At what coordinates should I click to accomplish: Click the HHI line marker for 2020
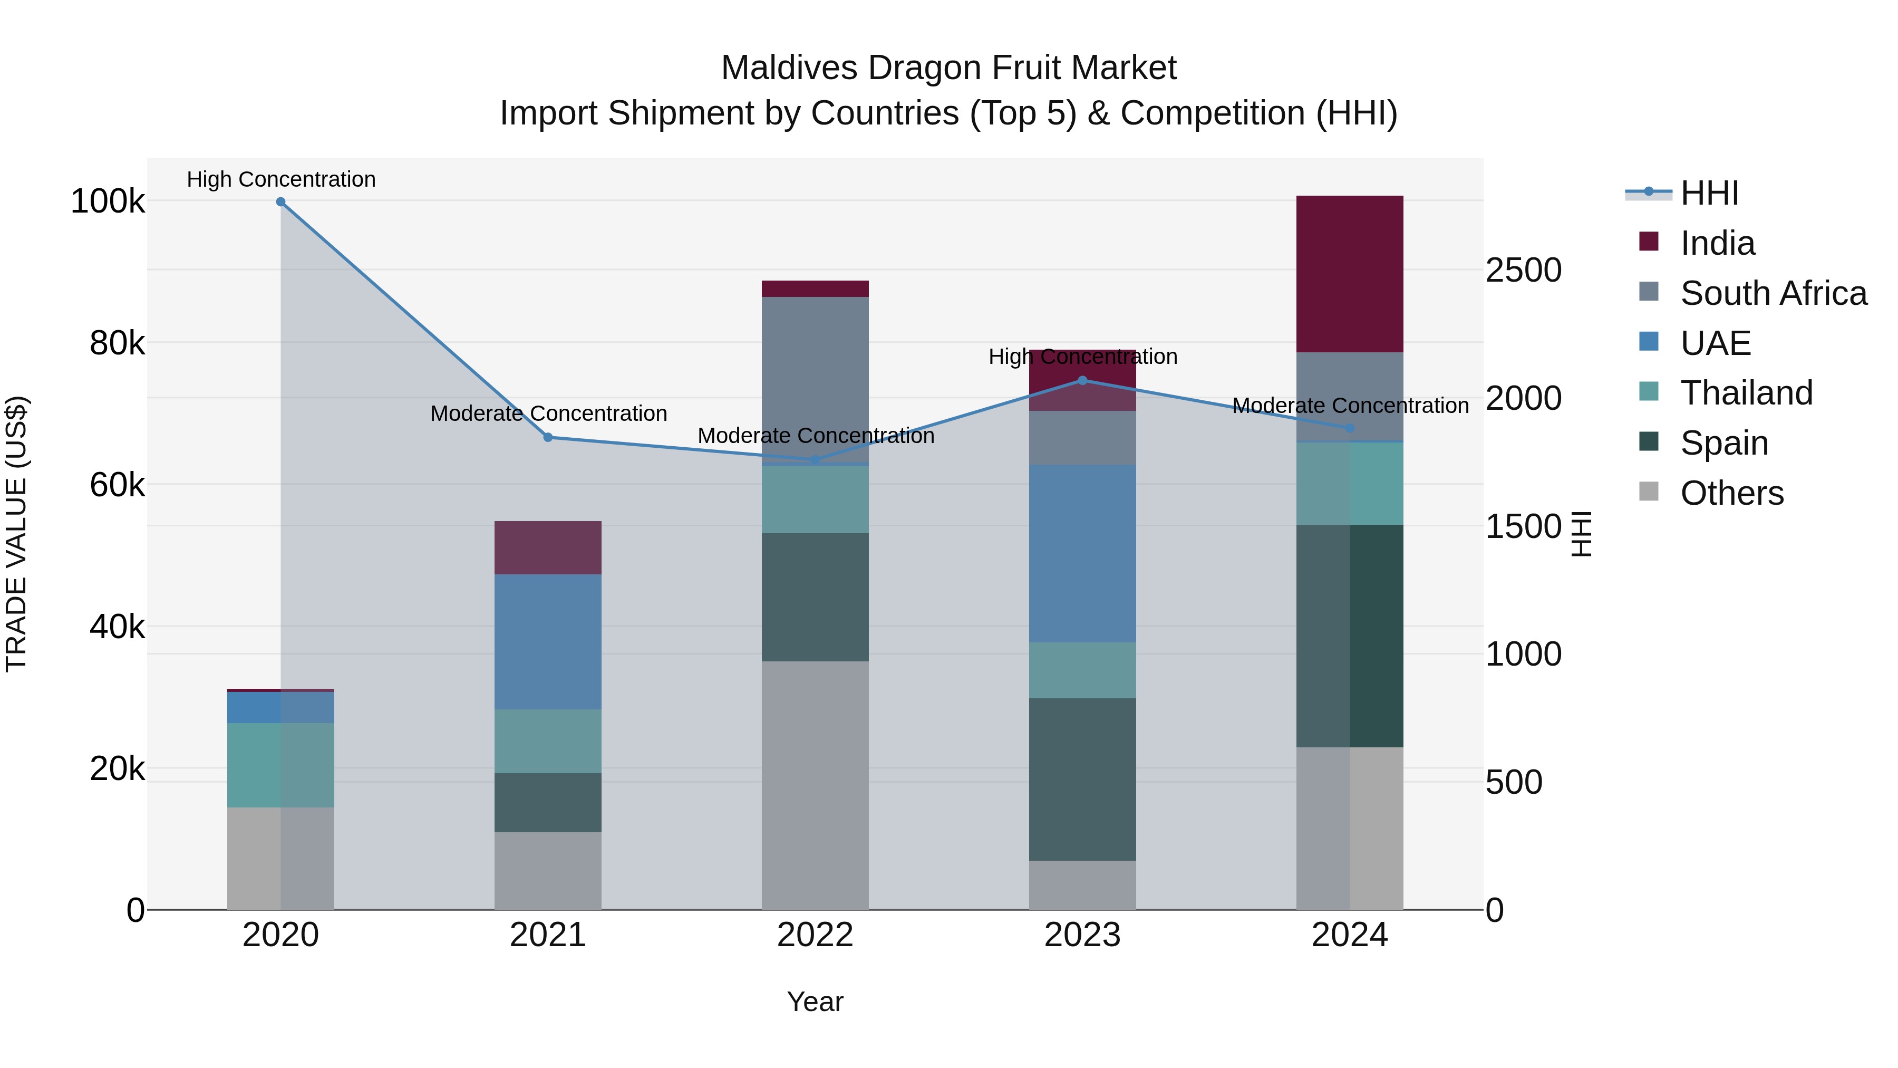click(280, 202)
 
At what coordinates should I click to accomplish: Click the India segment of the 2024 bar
click(1349, 274)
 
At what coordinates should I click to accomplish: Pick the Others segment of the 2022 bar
click(815, 785)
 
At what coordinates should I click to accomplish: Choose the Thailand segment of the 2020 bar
click(280, 765)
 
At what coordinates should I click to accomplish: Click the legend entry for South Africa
click(1773, 293)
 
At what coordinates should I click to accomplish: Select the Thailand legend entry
click(1746, 393)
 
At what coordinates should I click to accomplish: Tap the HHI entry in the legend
click(1709, 193)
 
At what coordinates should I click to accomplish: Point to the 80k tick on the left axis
click(117, 343)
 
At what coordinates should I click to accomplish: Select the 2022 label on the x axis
click(815, 935)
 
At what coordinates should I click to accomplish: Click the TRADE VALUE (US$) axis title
click(16, 534)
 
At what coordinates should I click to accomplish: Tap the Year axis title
click(815, 1002)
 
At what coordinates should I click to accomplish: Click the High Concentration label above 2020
click(280, 179)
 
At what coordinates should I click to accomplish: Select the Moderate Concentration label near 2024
click(1350, 406)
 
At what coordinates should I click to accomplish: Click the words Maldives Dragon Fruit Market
click(948, 68)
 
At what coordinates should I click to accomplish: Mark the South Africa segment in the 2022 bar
click(815, 380)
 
